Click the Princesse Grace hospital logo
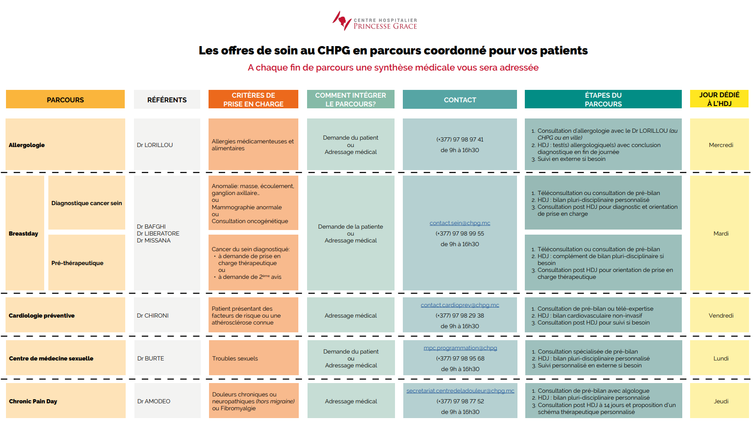[374, 21]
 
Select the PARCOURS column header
[65, 100]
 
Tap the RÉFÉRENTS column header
[167, 100]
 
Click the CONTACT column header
[459, 100]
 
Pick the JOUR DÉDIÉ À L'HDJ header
[719, 99]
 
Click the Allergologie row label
[27, 145]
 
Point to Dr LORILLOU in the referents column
[155, 145]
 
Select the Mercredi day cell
[720, 145]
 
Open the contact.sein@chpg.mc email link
[459, 223]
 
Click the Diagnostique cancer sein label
[87, 203]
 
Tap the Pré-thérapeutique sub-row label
[77, 263]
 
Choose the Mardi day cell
[720, 234]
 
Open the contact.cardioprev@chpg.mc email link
[459, 305]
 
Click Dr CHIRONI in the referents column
[153, 316]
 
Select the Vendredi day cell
[720, 316]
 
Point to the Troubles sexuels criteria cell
[235, 359]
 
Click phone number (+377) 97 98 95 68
[460, 359]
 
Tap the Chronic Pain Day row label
[33, 401]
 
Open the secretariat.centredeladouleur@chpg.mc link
[460, 391]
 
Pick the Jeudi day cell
[720, 401]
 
